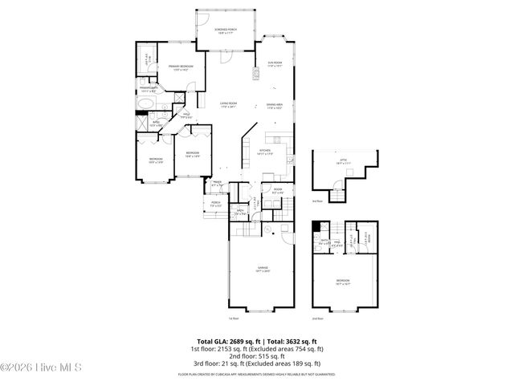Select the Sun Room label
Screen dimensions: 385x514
coord(275,63)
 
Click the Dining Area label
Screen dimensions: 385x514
coord(275,105)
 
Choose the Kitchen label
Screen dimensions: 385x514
coord(265,152)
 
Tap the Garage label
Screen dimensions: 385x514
coord(263,269)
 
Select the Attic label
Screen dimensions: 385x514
coord(343,161)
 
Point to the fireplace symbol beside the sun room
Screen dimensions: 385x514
coord(257,75)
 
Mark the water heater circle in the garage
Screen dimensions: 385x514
coord(284,233)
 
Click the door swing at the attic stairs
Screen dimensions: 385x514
coord(339,186)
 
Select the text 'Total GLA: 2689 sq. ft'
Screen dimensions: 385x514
coord(222,342)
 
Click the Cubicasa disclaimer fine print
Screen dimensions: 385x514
coord(257,373)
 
